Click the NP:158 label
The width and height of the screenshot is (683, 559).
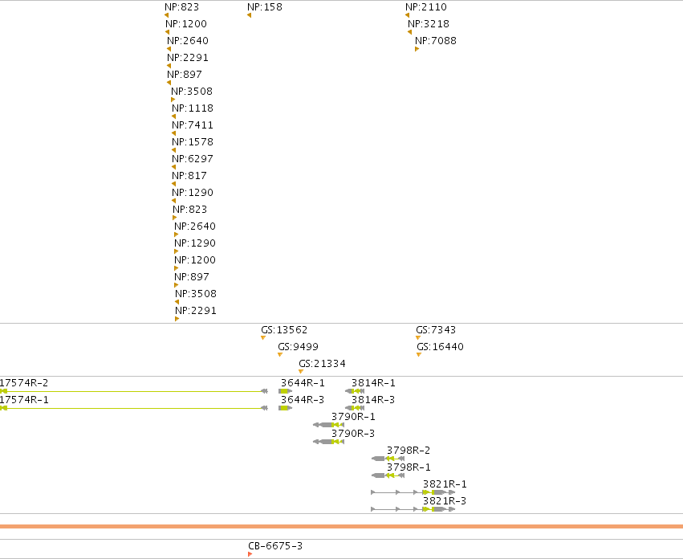tap(264, 7)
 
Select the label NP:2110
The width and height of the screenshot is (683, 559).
tap(426, 7)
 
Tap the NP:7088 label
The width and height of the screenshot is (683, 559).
tap(436, 40)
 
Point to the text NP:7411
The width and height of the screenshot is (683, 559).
tap(193, 125)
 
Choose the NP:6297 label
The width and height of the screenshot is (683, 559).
tap(193, 159)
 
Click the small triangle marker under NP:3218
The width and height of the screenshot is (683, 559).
tap(410, 32)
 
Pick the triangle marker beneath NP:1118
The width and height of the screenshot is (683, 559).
tap(174, 116)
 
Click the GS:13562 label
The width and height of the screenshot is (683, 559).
tap(284, 330)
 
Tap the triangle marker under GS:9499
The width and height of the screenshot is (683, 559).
tap(280, 354)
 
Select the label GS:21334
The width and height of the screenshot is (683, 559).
tap(322, 364)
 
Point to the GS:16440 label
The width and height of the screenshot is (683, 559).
tap(440, 347)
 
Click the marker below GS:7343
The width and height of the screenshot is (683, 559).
tap(418, 337)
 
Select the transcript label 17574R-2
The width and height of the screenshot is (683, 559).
tap(23, 383)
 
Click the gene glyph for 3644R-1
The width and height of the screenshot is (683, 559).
tap(285, 391)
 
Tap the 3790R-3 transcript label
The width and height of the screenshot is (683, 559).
tap(353, 434)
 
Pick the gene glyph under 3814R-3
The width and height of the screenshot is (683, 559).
tap(355, 408)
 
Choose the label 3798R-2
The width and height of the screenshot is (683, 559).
tap(409, 451)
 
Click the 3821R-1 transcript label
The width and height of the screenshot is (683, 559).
tap(445, 484)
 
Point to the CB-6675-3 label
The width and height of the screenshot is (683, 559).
tap(275, 546)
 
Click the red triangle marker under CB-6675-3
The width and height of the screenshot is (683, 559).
tap(250, 554)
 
